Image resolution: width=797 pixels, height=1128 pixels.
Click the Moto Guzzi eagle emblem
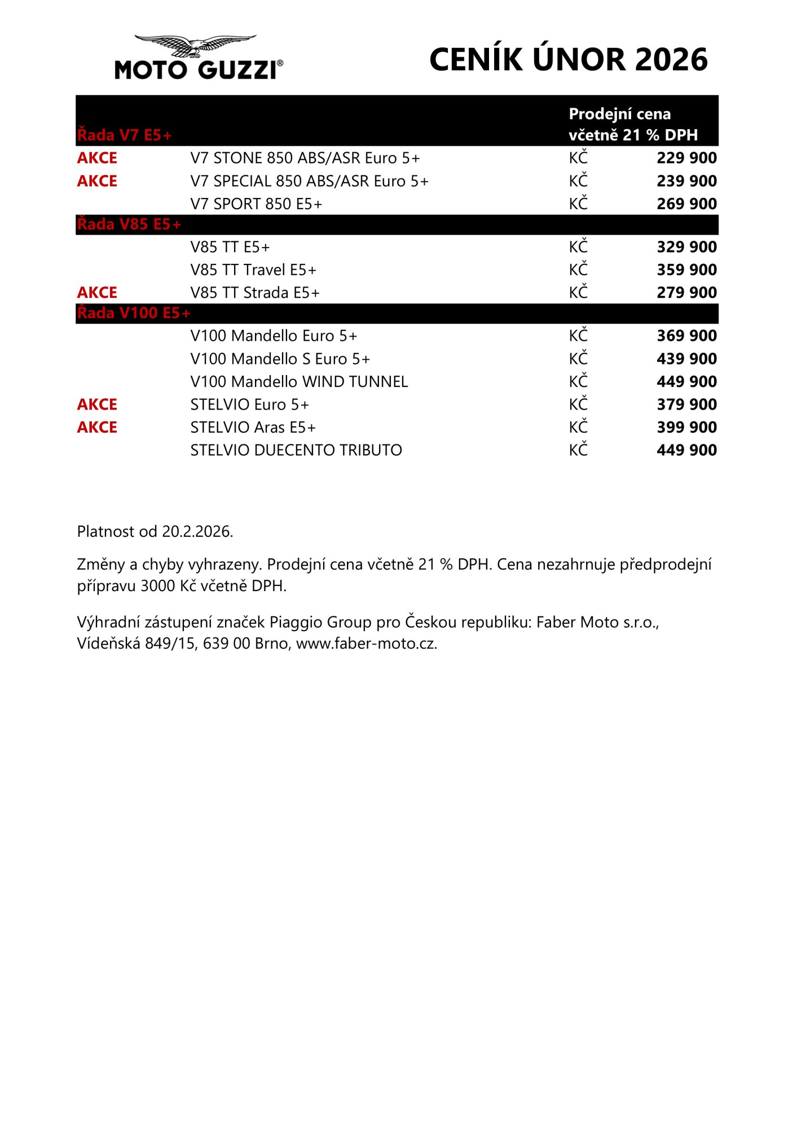coord(195,45)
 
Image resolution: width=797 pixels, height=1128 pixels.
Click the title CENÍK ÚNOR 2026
coord(568,60)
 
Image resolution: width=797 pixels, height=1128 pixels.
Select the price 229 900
coord(686,158)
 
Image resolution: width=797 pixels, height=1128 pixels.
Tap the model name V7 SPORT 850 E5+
coord(256,204)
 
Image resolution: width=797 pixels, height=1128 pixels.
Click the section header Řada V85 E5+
coord(129,224)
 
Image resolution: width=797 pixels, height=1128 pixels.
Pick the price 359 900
coord(686,270)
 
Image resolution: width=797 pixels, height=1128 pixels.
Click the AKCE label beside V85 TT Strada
coord(97,293)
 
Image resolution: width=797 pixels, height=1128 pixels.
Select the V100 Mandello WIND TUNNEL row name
coord(299,382)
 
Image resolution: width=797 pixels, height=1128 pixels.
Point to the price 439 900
coord(686,359)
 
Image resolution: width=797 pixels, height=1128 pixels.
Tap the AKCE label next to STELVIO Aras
coord(97,428)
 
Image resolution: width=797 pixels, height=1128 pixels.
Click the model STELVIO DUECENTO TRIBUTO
coord(296,450)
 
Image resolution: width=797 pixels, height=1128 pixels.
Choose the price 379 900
coord(686,404)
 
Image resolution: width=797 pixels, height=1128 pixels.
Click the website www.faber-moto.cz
coord(366,644)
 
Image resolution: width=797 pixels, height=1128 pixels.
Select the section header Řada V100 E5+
coord(134,313)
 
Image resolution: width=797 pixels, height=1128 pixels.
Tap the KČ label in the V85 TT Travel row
coord(578,270)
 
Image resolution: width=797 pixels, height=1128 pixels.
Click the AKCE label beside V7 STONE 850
coord(97,158)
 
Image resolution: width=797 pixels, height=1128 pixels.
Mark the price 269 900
coord(686,204)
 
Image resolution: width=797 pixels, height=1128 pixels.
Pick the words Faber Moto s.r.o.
coord(597,622)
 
